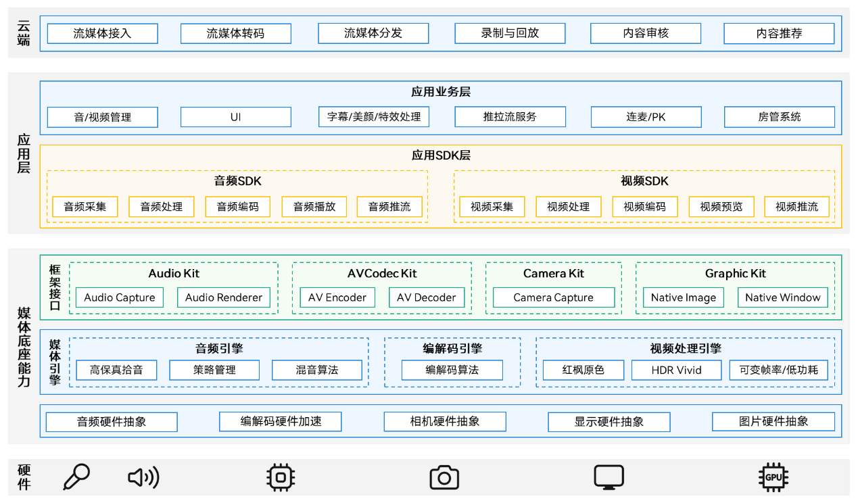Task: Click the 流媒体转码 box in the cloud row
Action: point(236,33)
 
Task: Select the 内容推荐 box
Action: point(779,33)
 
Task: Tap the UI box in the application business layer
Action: point(236,117)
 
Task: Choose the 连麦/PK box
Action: point(646,117)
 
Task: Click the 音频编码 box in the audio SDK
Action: point(237,207)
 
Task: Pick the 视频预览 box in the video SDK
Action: point(721,207)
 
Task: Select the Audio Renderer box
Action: point(224,297)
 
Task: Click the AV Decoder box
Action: point(427,297)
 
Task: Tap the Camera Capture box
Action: point(553,297)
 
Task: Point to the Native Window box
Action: point(782,297)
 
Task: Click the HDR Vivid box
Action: point(677,370)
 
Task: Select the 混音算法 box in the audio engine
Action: point(317,370)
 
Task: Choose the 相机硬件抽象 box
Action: point(445,421)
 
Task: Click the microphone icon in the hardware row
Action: point(76,477)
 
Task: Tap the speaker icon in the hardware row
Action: point(143,477)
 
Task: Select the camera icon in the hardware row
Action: point(444,477)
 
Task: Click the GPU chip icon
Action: point(773,477)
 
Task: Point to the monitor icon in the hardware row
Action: point(609,477)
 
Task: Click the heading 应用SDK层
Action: point(441,155)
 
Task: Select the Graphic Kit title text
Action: point(736,274)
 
